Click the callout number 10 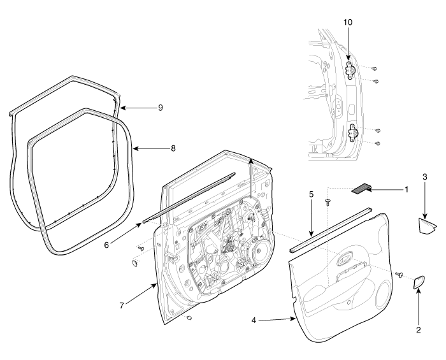pos(348,22)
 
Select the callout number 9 pos(161,108)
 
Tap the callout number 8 pos(173,148)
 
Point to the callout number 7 pos(122,306)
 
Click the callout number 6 pos(106,245)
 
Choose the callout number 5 pos(311,194)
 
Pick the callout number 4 pos(254,320)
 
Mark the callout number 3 pos(425,177)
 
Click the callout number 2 pos(419,330)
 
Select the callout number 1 pos(406,189)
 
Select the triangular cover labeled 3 pos(426,226)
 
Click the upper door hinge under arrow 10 pos(350,70)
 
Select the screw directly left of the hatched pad pos(328,202)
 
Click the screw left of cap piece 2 pos(399,274)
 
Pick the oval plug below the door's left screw pos(134,263)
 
